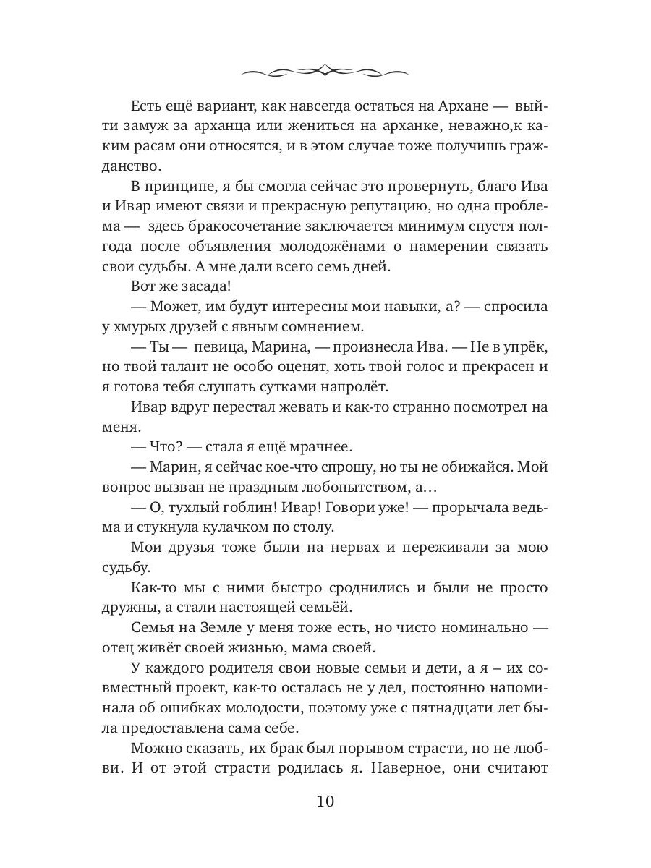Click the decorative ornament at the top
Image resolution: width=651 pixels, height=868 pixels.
pos(325,70)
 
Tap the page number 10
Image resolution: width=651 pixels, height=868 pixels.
pos(325,801)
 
